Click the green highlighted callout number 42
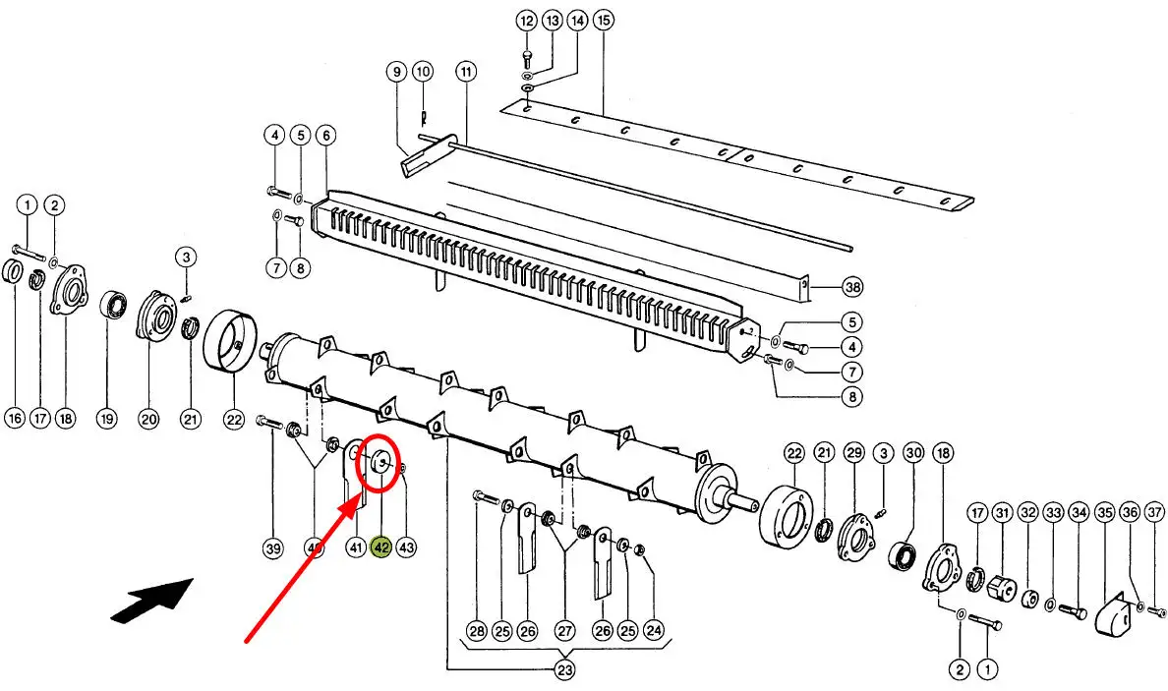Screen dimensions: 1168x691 380,547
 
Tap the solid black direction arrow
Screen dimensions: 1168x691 152,598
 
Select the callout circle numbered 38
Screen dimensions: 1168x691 852,287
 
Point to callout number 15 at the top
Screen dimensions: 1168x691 603,20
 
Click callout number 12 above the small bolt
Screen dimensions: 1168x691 527,20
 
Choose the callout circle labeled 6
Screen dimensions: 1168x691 325,135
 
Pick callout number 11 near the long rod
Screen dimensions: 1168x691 466,72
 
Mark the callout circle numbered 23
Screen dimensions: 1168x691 565,670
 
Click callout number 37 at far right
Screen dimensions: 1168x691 1154,512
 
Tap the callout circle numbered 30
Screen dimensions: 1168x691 913,453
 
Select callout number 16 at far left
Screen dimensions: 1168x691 15,419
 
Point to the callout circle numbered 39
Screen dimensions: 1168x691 273,548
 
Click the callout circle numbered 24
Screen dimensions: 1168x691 653,631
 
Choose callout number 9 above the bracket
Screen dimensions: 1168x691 397,72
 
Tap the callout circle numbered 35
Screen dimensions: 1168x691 1105,512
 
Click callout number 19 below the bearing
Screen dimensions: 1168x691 106,419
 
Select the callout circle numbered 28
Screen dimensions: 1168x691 477,631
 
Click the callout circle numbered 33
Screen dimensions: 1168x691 1053,512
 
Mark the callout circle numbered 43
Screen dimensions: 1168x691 406,547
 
